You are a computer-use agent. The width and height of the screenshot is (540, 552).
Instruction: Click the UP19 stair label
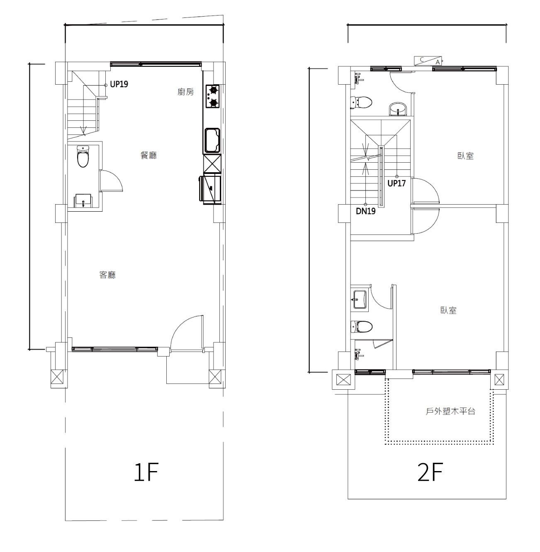point(119,84)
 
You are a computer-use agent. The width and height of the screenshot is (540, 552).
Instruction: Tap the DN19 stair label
point(366,211)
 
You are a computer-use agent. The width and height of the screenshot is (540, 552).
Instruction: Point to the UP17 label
point(396,183)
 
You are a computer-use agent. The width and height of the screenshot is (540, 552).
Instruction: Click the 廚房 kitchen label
point(185,92)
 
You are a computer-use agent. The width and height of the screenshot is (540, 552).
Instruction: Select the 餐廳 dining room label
point(148,155)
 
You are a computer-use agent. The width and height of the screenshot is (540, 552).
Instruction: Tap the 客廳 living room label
point(107,275)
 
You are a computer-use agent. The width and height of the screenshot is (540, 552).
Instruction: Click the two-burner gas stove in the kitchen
point(212,96)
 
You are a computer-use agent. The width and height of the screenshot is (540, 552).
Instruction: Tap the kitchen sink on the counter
point(212,140)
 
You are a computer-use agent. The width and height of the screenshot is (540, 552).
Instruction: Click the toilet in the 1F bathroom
point(83,156)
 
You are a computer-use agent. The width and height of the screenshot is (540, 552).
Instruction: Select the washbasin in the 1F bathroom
point(83,200)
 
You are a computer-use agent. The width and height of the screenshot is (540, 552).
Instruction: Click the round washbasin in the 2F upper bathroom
point(398,109)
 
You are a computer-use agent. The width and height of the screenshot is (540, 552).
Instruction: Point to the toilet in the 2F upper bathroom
point(361,102)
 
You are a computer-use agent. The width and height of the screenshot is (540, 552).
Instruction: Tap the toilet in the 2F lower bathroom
point(361,326)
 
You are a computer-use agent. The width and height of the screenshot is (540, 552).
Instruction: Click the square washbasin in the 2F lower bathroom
point(360,300)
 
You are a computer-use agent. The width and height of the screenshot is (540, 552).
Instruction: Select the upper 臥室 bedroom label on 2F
point(465,156)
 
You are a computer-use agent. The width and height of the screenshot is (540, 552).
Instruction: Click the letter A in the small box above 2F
point(438,61)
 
